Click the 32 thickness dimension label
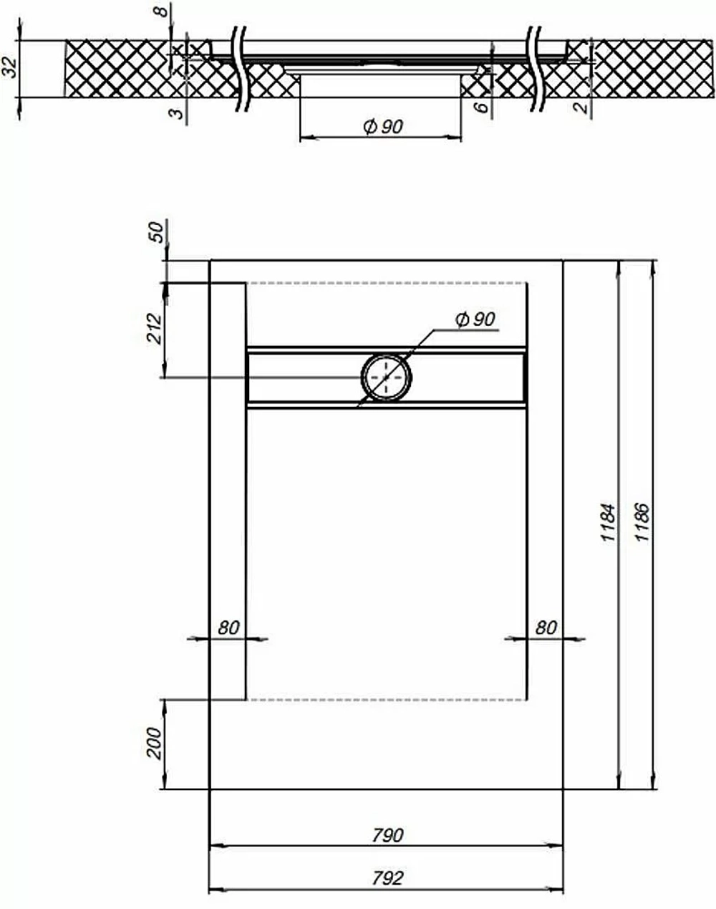[11, 67]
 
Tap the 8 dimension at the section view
[163, 10]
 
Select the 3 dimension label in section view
[178, 112]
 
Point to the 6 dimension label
[482, 107]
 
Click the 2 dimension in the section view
[581, 107]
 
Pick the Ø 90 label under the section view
[383, 126]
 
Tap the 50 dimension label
[157, 232]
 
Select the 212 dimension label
[155, 329]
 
